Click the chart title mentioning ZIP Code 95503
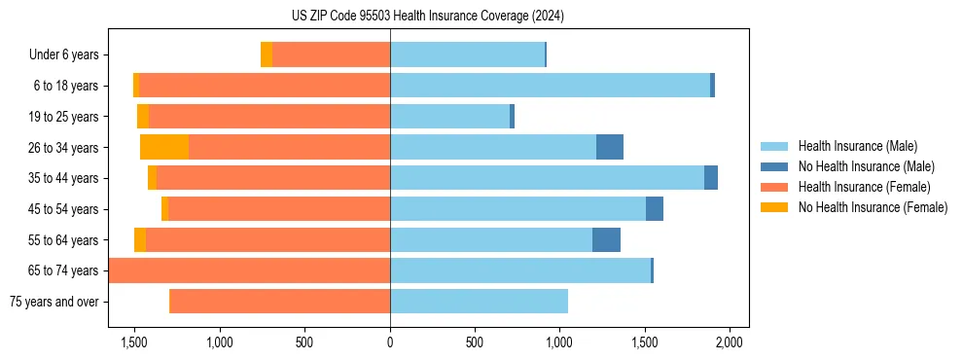click(482, 16)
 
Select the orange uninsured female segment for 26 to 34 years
click(164, 147)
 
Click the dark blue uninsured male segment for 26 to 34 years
click(610, 147)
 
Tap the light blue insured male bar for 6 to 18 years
click(550, 86)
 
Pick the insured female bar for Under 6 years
click(331, 54)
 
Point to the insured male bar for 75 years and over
click(479, 302)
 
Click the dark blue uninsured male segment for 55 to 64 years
click(606, 239)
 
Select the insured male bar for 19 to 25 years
click(449, 117)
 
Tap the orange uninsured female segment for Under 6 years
click(267, 54)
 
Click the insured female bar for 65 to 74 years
click(250, 270)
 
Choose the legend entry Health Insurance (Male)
click(857, 147)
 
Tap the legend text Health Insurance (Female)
click(865, 187)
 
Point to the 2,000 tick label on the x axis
click(730, 342)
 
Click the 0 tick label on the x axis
click(390, 342)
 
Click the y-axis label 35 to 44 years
click(63, 178)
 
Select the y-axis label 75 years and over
click(53, 302)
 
